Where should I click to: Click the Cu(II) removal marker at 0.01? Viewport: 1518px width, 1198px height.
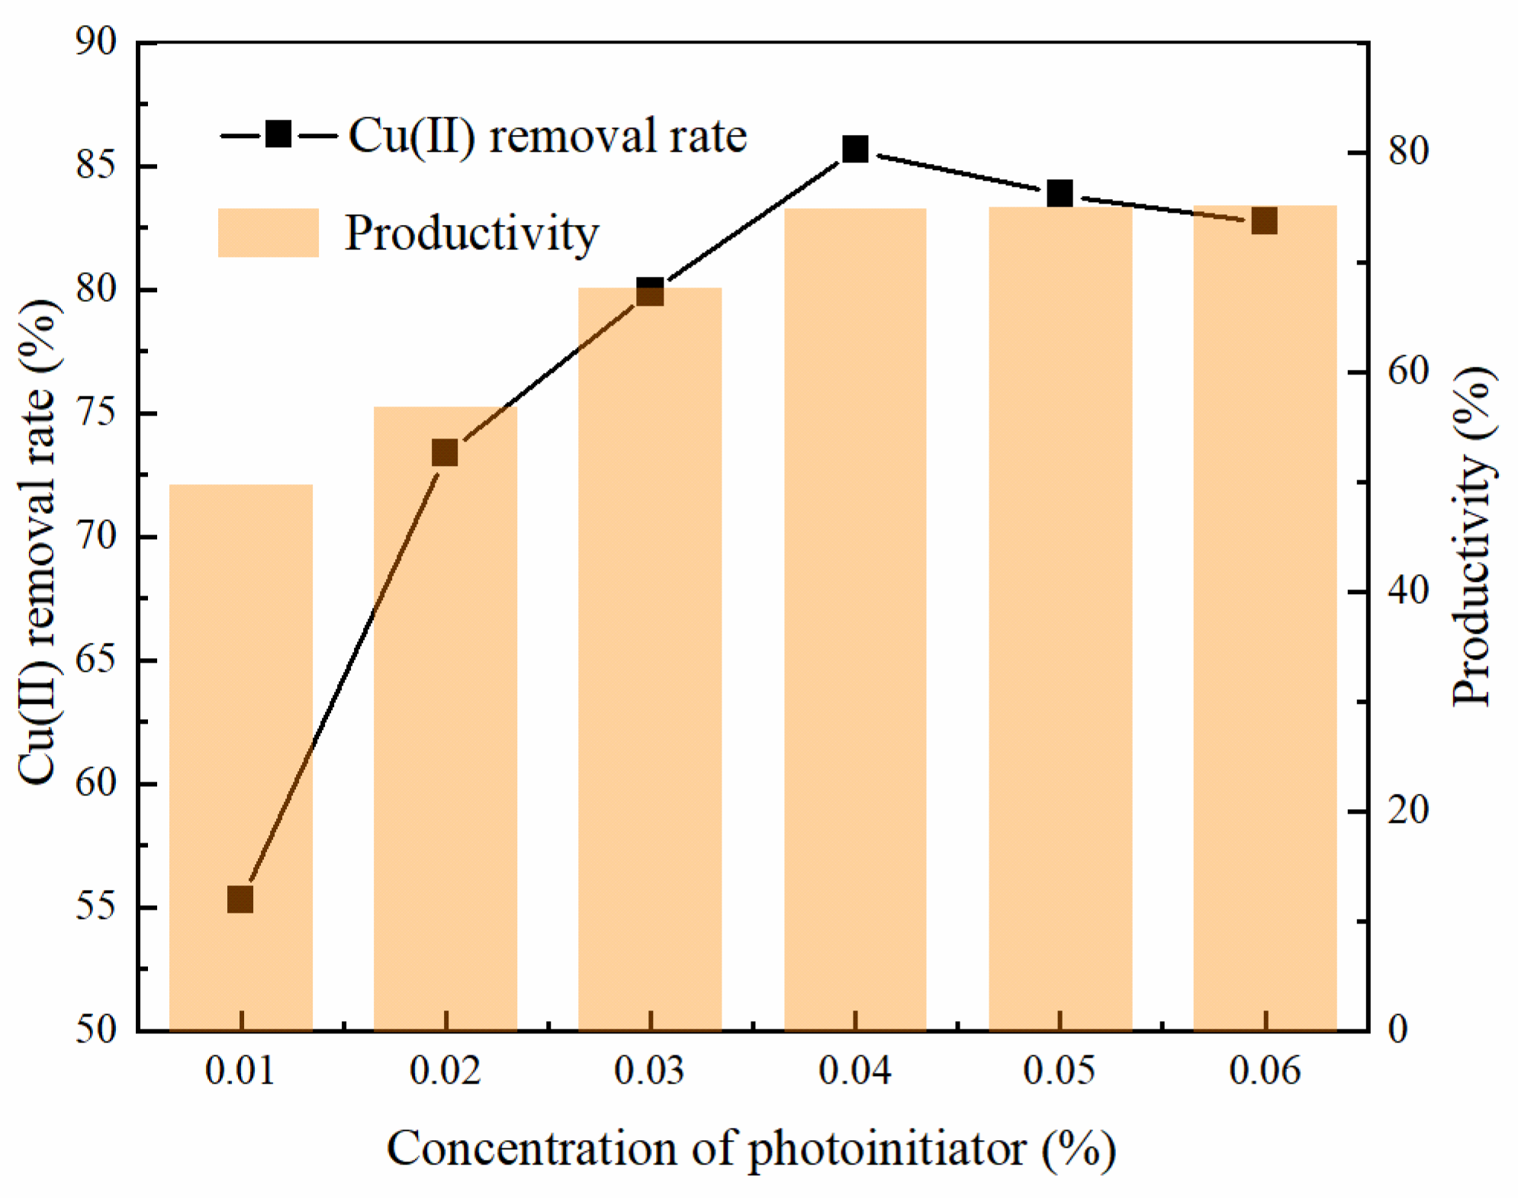tap(240, 900)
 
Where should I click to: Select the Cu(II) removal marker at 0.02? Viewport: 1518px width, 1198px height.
tap(445, 453)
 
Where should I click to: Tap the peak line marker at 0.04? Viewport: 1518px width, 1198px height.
tap(855, 149)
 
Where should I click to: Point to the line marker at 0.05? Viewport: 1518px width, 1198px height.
tap(1060, 194)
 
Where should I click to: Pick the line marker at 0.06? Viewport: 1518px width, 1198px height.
tap(1265, 221)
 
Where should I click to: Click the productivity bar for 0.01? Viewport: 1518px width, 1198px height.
tap(240, 755)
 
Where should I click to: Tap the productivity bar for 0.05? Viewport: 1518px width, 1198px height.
tap(1060, 618)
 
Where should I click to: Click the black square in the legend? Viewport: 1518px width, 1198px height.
tap(278, 135)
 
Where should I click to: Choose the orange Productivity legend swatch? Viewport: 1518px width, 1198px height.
tap(268, 233)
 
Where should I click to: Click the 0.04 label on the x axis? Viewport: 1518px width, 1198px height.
tap(854, 1071)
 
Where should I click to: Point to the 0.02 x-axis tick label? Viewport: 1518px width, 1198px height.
tap(445, 1071)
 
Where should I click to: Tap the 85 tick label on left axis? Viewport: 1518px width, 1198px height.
tap(96, 165)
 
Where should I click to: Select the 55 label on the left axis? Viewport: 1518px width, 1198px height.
tap(96, 907)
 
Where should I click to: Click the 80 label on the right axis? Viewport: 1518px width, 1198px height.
tap(1407, 152)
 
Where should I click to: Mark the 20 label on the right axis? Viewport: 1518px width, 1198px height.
tap(1407, 810)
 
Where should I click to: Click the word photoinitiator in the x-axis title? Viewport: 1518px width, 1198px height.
tap(886, 1148)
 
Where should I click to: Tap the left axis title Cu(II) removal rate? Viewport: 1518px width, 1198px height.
tap(38, 541)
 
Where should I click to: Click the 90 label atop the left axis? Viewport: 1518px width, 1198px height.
tap(96, 42)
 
